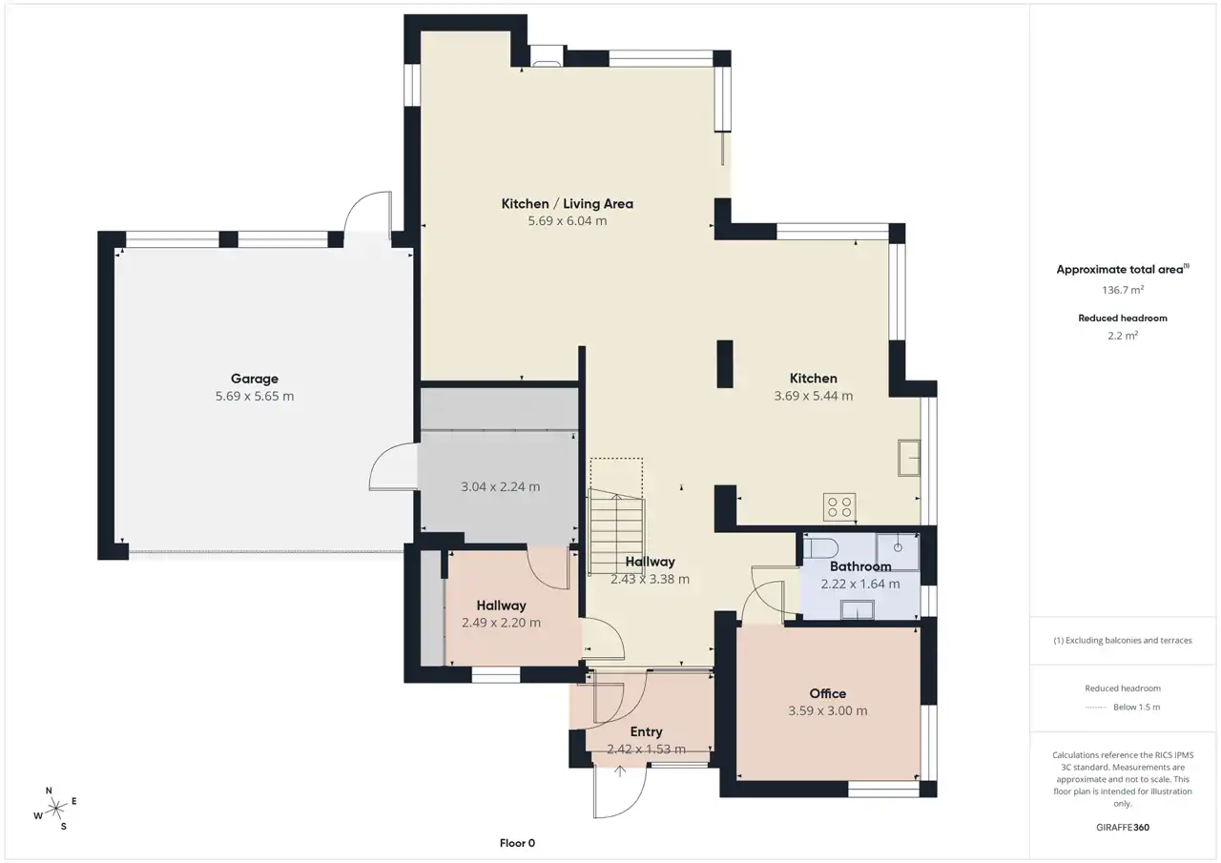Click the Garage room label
[x=255, y=379]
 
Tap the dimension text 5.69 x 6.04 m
[x=567, y=220]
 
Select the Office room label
[x=827, y=693]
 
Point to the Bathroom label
[x=860, y=566]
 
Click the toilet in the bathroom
[x=820, y=548]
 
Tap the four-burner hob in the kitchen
[x=839, y=506]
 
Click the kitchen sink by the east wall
[x=909, y=458]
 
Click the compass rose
[x=55, y=809]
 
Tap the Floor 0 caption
[x=517, y=843]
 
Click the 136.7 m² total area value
[x=1123, y=290]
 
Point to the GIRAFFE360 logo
[x=1123, y=827]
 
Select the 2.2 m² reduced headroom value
[x=1123, y=336]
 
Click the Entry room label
[x=646, y=731]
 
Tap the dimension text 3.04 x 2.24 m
[x=501, y=486]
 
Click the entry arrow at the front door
[x=620, y=771]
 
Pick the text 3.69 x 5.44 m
[x=814, y=396]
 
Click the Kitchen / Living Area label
[x=567, y=204]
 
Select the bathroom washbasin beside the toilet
[x=898, y=552]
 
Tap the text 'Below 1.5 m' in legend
[x=1136, y=708]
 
